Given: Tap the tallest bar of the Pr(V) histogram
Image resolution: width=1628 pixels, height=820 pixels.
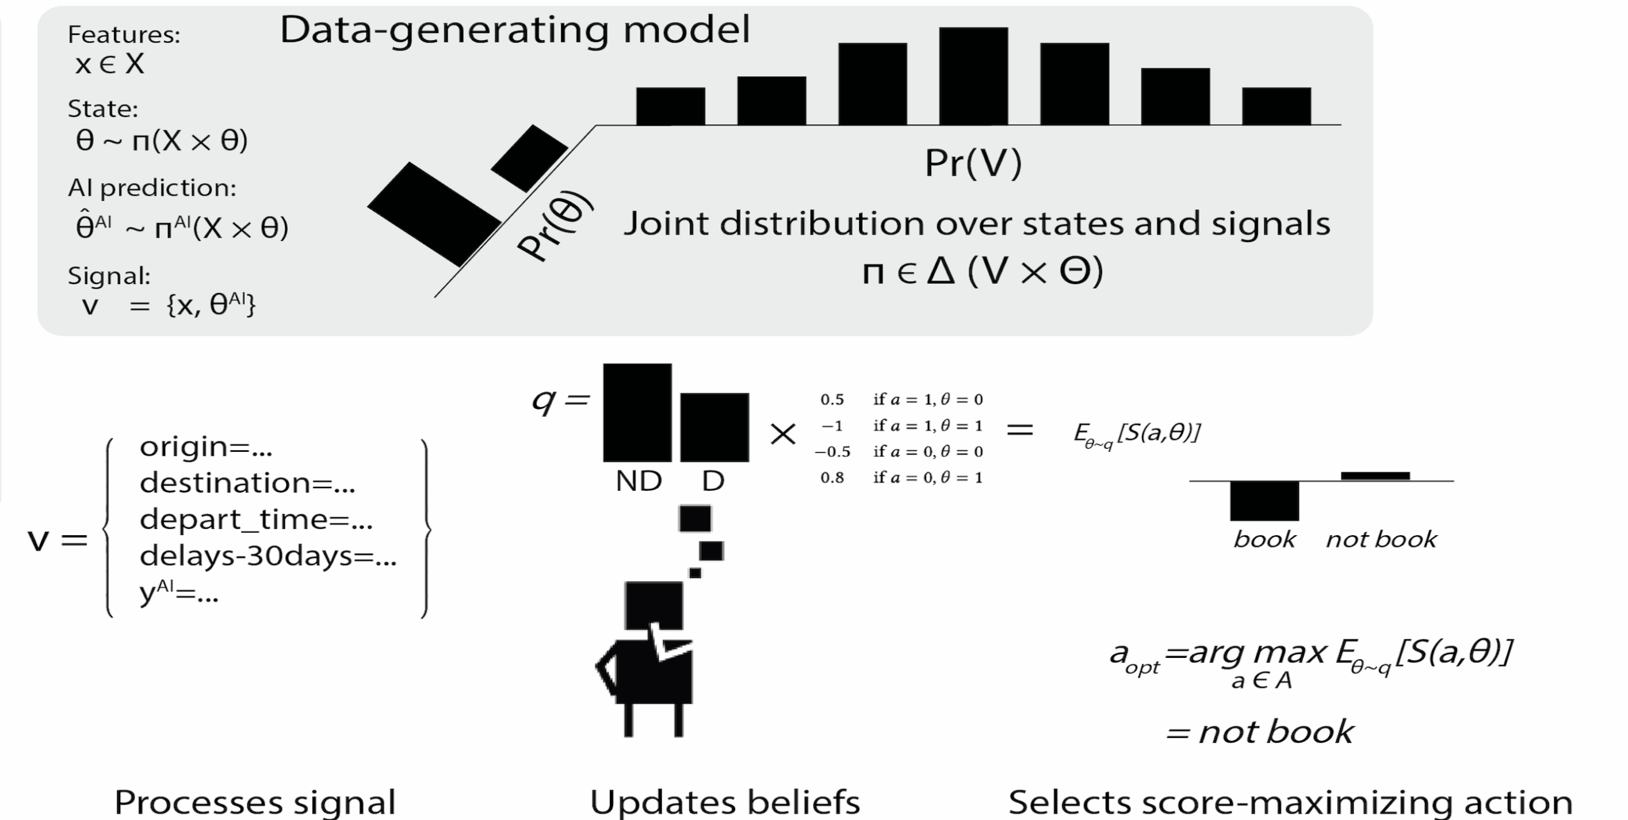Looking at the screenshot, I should [973, 76].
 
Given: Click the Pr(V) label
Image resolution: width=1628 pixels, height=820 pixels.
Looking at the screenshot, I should [972, 163].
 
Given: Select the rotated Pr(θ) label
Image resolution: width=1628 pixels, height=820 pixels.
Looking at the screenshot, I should [555, 226].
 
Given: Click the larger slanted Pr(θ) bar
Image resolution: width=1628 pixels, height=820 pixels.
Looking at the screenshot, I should [434, 214].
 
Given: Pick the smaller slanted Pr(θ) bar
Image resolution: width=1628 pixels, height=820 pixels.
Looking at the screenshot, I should [529, 158].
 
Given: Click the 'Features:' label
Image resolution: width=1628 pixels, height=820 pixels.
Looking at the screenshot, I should [124, 34].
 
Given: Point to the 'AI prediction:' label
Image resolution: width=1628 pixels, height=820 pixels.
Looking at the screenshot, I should [152, 188].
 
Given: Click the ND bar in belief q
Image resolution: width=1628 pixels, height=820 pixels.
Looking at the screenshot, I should [637, 412].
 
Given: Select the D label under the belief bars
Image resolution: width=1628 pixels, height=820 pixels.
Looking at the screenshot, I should [713, 481].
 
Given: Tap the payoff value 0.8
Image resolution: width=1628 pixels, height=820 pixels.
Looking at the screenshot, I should [832, 477].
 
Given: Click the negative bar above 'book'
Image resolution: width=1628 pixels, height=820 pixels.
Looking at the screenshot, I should [1264, 501].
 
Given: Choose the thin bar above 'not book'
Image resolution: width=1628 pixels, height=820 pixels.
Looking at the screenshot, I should [1375, 475].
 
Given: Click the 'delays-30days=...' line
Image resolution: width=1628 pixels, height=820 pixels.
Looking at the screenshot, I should [268, 556].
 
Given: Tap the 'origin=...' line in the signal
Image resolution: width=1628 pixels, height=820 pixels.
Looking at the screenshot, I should [206, 447].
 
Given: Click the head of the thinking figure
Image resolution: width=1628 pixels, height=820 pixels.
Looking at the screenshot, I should [653, 605].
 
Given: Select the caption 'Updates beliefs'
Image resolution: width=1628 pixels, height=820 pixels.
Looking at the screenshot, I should [725, 802].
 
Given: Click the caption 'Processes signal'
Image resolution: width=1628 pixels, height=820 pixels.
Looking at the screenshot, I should [255, 802].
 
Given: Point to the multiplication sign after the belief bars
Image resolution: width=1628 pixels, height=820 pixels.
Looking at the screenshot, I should [783, 434].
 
